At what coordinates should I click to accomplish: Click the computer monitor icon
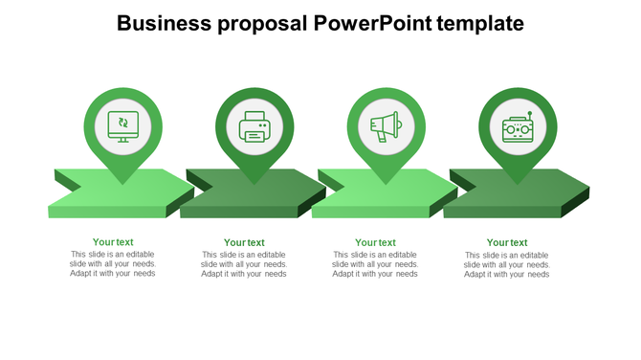click(x=122, y=124)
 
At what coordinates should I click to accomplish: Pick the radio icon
click(x=518, y=127)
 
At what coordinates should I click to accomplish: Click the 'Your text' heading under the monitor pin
click(x=113, y=242)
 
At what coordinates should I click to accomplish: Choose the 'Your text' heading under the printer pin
click(x=244, y=243)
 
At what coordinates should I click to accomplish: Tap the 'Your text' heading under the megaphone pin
click(x=375, y=243)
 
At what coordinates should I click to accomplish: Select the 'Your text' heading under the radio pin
click(x=507, y=243)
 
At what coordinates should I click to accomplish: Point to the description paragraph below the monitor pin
click(x=113, y=263)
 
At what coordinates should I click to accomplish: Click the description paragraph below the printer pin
click(x=244, y=264)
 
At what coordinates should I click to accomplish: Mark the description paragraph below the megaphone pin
click(x=375, y=264)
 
